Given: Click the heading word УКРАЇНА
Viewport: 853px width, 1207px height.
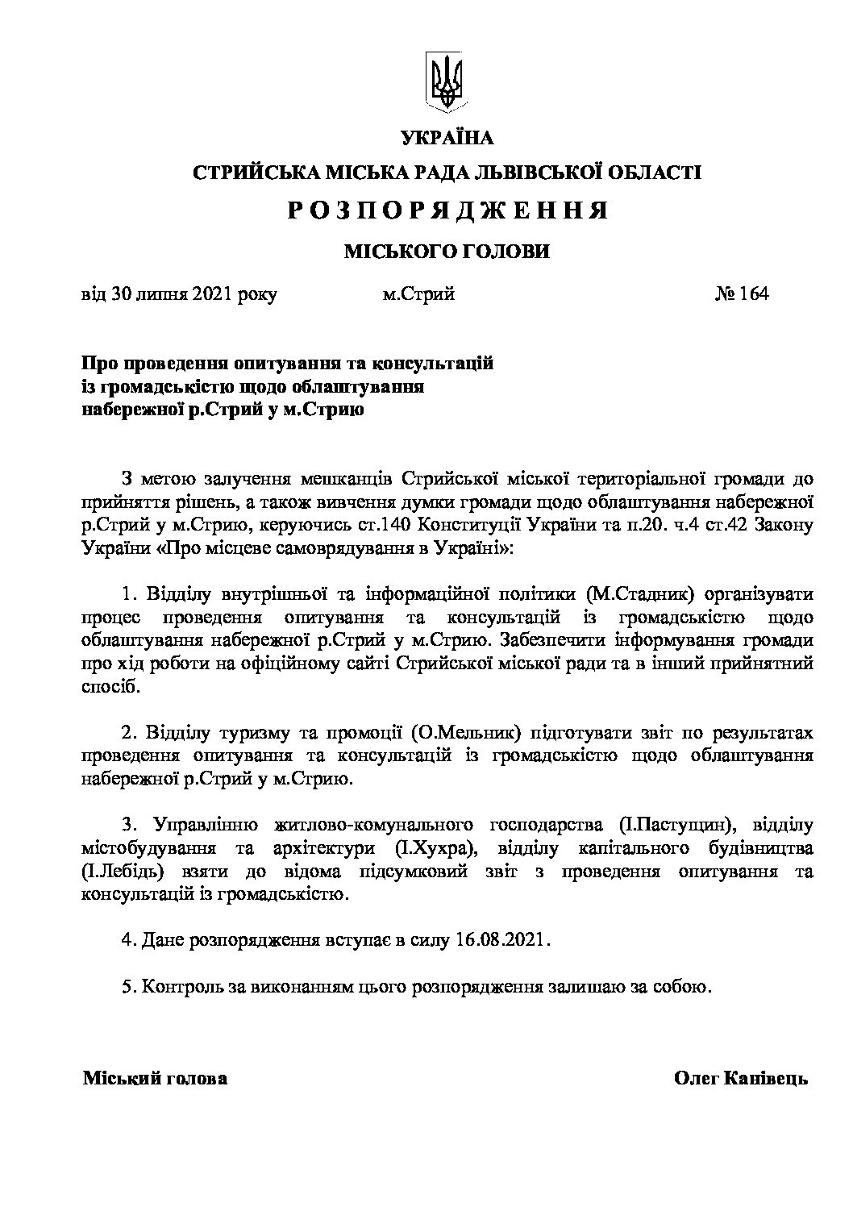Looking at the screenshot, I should tap(447, 138).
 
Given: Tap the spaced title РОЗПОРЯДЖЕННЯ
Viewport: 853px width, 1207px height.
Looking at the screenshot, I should tap(447, 211).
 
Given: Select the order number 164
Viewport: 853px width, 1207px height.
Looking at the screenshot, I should tap(751, 293).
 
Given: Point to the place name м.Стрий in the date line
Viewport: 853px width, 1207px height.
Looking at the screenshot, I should tap(418, 293).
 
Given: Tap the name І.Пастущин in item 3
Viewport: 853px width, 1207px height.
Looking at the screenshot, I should tap(679, 826).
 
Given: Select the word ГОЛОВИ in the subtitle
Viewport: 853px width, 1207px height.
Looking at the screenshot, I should tap(499, 252).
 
